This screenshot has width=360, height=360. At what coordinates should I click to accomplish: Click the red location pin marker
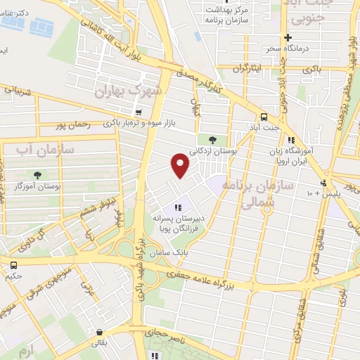tap(181, 166)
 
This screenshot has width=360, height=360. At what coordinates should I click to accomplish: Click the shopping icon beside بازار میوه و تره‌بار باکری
tap(139, 112)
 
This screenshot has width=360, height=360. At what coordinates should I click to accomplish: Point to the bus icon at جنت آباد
tap(264, 116)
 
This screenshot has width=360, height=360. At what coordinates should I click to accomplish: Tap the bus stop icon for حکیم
tap(13, 264)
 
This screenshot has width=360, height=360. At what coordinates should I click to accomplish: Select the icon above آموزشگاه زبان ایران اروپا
tap(290, 139)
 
